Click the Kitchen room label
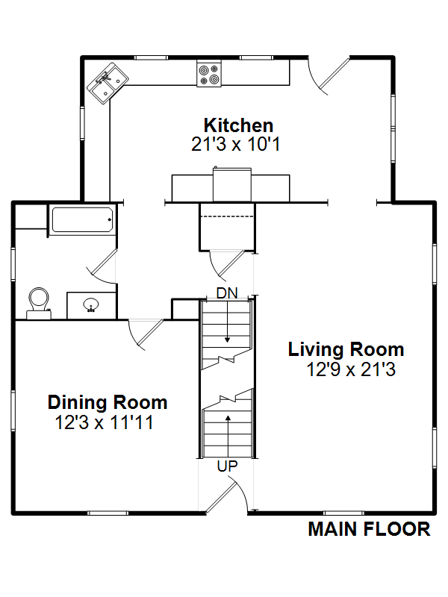(x=238, y=125)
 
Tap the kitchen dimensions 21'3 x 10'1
(x=236, y=144)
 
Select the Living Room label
(x=346, y=349)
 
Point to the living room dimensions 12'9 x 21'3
(x=351, y=369)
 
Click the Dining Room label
(x=108, y=402)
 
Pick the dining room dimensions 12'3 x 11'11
(x=105, y=422)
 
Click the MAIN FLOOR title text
(x=369, y=529)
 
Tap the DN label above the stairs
(x=227, y=293)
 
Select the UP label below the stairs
(x=228, y=466)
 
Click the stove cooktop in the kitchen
(x=209, y=74)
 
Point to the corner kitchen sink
(x=108, y=84)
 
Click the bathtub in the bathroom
(x=82, y=219)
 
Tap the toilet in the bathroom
(x=39, y=303)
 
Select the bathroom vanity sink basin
(x=90, y=305)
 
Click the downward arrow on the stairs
(x=228, y=322)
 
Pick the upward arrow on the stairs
(x=228, y=436)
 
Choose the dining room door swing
(x=145, y=334)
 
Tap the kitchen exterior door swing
(x=329, y=77)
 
